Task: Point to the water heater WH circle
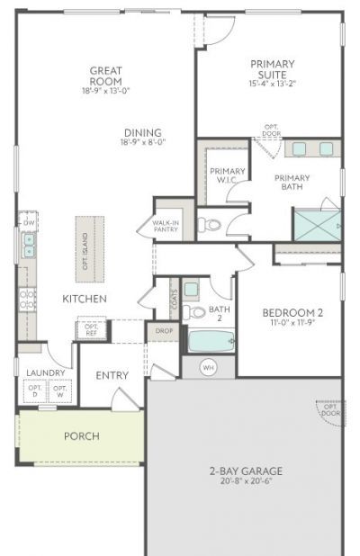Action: click(207, 367)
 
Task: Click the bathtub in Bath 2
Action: click(211, 342)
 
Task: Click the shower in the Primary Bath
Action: click(316, 224)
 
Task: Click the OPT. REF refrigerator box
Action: click(92, 329)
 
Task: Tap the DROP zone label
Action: click(164, 331)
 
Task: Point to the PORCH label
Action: click(81, 436)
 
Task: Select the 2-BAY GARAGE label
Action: click(246, 471)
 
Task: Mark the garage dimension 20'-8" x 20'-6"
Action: click(246, 481)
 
